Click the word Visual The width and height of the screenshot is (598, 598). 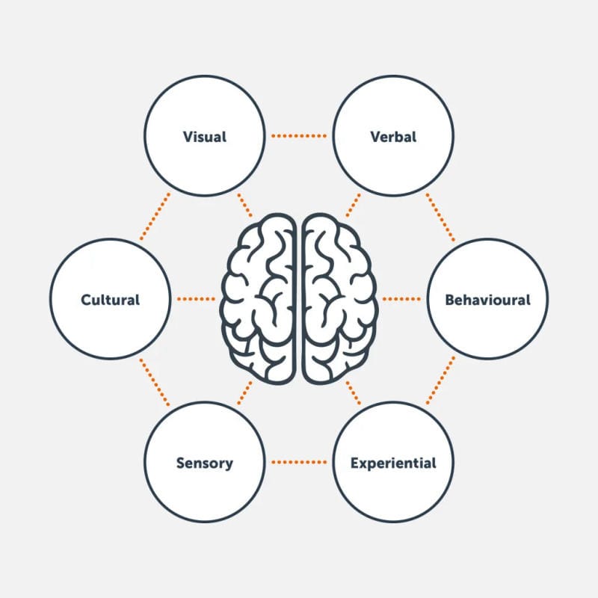click(x=204, y=137)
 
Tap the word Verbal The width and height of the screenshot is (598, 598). click(x=393, y=137)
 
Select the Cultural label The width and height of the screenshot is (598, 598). click(x=110, y=300)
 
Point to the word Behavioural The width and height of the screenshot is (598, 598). click(x=487, y=300)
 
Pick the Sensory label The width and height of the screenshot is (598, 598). click(x=204, y=463)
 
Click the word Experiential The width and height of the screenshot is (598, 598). click(x=393, y=463)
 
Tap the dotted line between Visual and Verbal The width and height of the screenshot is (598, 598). click(x=299, y=136)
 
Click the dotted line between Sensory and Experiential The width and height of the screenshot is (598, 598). click(x=299, y=462)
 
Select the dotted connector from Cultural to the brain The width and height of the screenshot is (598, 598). click(x=196, y=299)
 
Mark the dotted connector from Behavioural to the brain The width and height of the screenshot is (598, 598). click(x=401, y=299)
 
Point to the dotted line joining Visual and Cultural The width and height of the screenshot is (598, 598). click(x=155, y=217)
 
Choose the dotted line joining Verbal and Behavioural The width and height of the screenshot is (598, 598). click(x=441, y=217)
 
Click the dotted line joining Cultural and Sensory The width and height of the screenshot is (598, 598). click(x=155, y=381)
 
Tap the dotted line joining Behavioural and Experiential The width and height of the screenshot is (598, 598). click(x=441, y=381)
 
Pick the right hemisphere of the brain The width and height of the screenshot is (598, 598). click(x=338, y=299)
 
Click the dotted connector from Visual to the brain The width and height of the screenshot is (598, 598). click(x=244, y=206)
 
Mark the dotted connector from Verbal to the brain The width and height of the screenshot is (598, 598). click(x=353, y=206)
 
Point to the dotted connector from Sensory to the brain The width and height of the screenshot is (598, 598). click(x=244, y=392)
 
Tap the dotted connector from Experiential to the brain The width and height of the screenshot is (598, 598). click(x=353, y=392)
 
